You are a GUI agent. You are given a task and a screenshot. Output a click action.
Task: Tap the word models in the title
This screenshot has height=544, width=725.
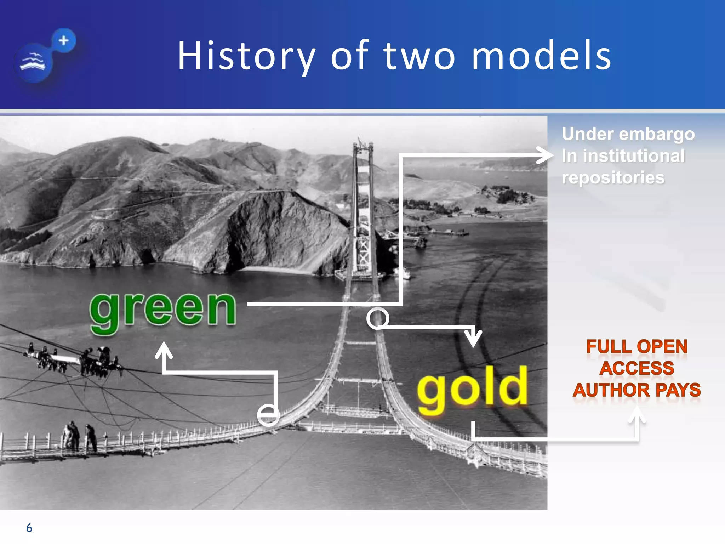pos(542,56)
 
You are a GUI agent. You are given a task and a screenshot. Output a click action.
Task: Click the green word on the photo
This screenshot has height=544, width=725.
pos(163,310)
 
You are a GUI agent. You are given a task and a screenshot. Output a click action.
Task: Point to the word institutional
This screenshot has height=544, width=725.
pos(634,156)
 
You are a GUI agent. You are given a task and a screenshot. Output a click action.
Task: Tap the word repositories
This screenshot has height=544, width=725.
pos(613,177)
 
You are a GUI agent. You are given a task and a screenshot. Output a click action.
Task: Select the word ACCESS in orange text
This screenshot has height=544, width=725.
pos(637,368)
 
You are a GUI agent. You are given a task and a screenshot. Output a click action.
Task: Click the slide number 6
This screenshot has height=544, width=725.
pos(29,528)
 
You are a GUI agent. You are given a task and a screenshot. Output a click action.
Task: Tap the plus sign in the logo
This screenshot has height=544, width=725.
pos(64,40)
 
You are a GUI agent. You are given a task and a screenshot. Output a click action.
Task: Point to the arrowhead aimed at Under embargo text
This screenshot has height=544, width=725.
pos(545,155)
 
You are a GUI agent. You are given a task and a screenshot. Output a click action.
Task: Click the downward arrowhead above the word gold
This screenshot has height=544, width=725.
pos(473,339)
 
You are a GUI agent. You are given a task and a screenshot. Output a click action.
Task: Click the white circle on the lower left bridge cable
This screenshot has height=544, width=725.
pos(268,415)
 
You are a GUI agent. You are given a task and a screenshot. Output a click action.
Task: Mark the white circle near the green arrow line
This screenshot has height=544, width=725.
pos(377,318)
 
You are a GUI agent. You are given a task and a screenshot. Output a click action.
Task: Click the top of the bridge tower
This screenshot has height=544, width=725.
pos(363,145)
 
